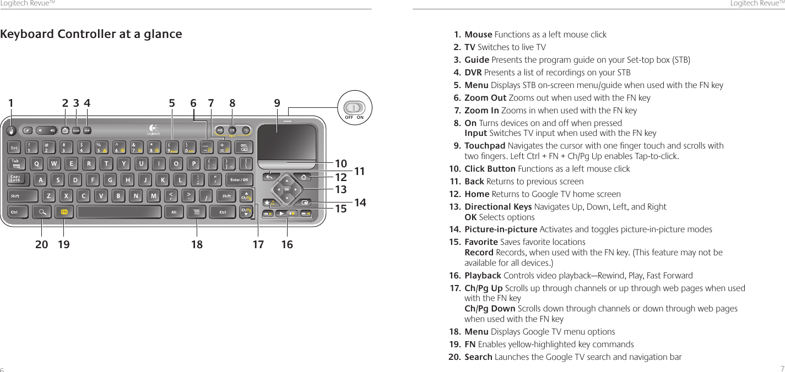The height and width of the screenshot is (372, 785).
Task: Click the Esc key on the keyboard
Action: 15,147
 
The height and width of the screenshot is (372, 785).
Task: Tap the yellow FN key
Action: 64,212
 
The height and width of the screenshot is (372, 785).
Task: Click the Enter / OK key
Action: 239,179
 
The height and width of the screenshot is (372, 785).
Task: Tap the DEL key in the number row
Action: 244,147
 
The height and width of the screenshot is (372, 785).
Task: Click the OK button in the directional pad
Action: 287,189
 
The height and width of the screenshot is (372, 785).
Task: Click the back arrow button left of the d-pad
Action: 270,177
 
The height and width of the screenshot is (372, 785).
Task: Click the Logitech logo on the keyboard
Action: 154,130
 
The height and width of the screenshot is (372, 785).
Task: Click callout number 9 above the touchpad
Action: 277,102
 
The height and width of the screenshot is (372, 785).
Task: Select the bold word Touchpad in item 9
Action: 485,146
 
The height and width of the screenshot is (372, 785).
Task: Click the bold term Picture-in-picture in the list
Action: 501,229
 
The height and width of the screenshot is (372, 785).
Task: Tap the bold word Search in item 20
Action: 478,357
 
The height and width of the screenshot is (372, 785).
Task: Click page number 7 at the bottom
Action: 782,368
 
